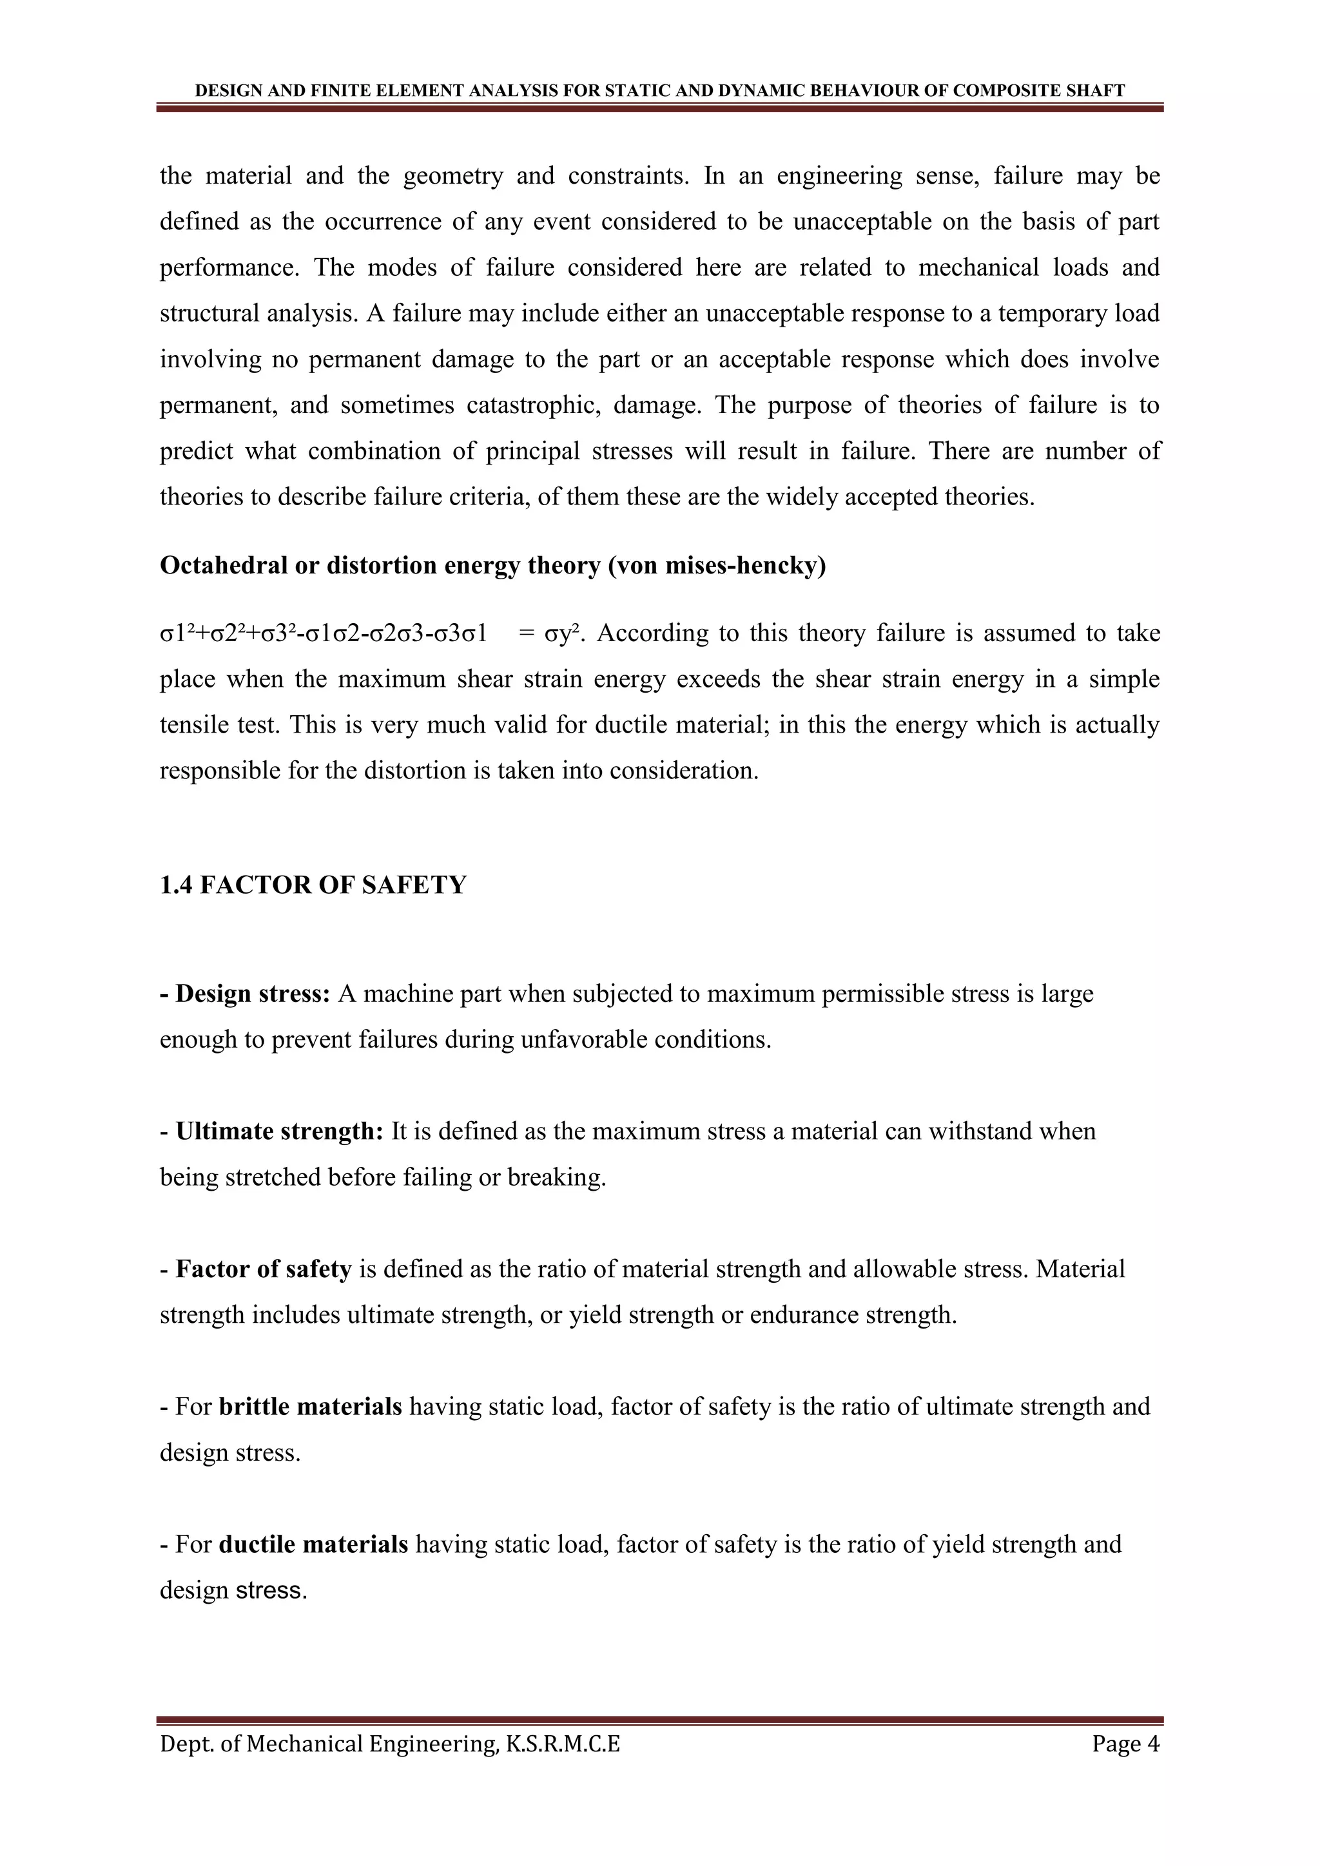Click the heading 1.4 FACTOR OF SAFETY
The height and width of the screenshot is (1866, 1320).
[x=313, y=885]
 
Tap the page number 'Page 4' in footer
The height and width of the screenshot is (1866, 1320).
[x=1126, y=1744]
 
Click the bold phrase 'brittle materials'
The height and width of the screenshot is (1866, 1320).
[x=311, y=1407]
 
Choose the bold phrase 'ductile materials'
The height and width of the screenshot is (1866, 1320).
[x=314, y=1544]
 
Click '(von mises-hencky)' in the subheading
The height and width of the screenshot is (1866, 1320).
[x=717, y=566]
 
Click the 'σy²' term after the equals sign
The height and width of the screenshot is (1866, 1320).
[x=561, y=633]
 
